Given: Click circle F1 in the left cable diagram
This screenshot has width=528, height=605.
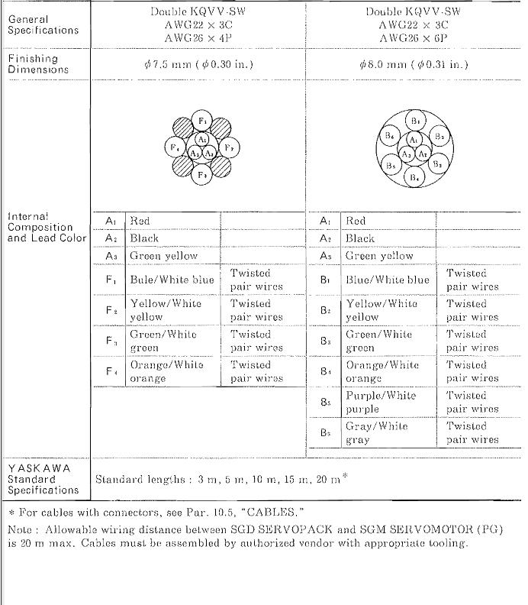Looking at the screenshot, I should tap(202, 121).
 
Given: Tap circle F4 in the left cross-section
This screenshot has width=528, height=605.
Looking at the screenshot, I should tap(175, 147).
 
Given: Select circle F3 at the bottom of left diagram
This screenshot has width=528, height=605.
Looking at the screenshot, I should tap(202, 174).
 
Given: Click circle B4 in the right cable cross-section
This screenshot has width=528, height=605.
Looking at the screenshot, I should tap(414, 176).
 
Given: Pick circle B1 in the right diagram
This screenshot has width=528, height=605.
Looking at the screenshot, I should tap(414, 121).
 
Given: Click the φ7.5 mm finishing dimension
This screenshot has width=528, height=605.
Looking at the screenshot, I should tap(198, 64).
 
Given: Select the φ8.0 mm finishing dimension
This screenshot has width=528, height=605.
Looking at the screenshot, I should tap(414, 64).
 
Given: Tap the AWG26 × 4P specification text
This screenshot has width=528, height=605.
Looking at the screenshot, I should tap(198, 37).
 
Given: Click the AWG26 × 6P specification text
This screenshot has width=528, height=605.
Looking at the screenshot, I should tap(414, 37).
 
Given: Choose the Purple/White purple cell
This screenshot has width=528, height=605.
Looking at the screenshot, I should tap(381, 402).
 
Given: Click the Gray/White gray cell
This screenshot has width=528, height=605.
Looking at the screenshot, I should tap(377, 432).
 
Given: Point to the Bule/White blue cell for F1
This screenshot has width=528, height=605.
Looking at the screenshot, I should tap(172, 280).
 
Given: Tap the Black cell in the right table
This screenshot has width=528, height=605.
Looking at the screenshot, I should tap(360, 238).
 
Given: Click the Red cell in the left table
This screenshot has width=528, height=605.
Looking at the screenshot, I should tap(140, 221).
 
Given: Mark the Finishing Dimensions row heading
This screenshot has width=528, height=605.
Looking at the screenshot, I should tap(38, 64).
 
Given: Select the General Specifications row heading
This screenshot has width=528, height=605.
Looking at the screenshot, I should tap(43, 24).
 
